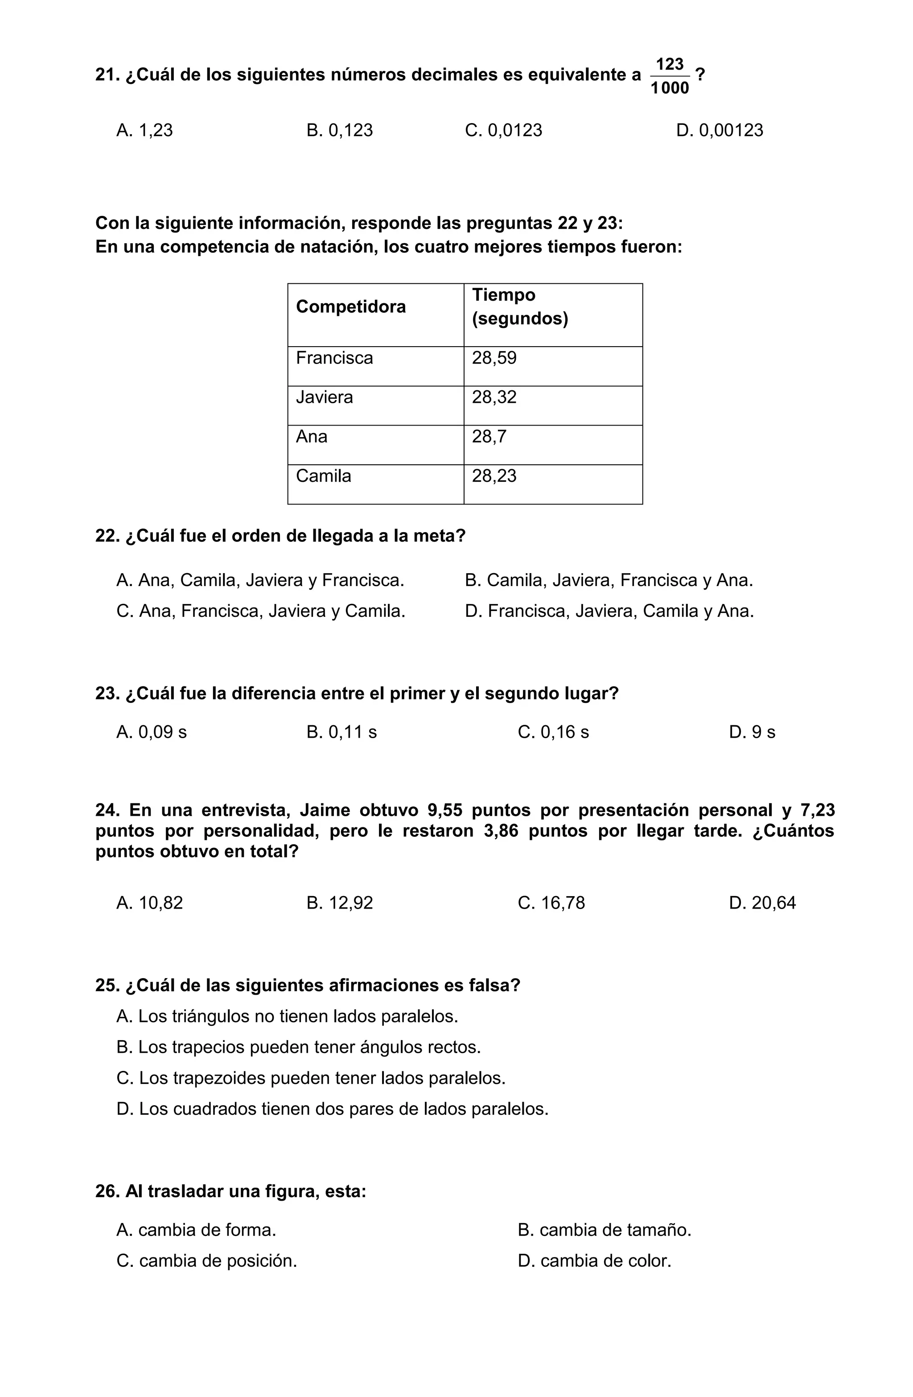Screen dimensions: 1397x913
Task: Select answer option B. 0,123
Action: (339, 130)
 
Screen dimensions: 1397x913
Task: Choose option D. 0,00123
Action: (720, 130)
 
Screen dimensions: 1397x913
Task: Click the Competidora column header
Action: (350, 307)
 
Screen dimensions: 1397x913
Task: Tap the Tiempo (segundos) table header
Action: (519, 307)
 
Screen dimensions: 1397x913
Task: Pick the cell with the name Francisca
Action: (334, 358)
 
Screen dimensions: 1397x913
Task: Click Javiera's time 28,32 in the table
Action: (494, 397)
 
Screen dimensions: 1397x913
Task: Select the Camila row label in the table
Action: (323, 476)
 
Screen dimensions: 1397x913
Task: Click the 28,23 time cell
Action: (494, 476)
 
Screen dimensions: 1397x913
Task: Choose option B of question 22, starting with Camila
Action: (609, 580)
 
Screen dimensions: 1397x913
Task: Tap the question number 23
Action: (107, 694)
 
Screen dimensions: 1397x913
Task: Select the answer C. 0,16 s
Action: (553, 732)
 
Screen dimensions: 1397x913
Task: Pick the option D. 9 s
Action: (752, 732)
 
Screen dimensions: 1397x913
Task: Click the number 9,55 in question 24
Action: (444, 810)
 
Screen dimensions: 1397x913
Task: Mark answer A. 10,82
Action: (150, 903)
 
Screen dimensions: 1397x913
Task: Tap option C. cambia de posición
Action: (206, 1261)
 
